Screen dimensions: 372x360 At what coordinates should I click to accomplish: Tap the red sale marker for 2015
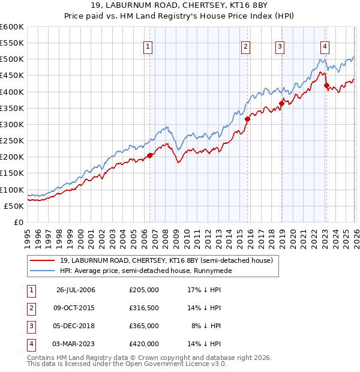pos(247,119)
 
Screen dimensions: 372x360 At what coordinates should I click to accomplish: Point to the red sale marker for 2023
pos(326,85)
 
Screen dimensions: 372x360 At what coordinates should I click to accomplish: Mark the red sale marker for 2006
pos(149,155)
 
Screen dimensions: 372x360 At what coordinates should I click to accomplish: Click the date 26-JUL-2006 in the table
pos(76,290)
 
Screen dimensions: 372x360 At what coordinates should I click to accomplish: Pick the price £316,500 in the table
pos(144,308)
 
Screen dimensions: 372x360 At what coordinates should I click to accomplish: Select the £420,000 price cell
pos(144,344)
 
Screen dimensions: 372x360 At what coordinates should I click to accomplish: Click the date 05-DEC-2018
pos(76,326)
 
